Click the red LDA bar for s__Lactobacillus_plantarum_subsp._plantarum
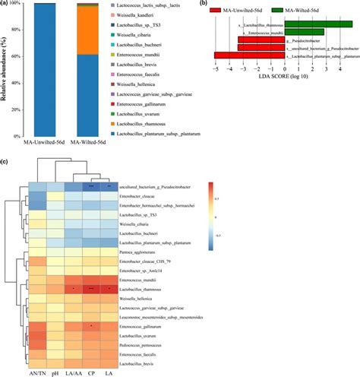click(x=250, y=55)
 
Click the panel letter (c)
click(x=5, y=162)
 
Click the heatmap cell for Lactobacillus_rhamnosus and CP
click(x=92, y=290)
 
